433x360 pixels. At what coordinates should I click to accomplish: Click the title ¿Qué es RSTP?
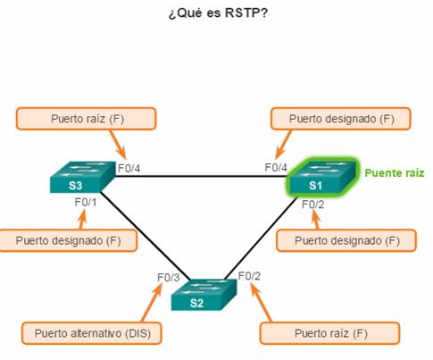(x=218, y=13)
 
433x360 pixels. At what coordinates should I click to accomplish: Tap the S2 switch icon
(x=204, y=295)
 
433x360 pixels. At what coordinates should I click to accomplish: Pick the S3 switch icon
(x=82, y=177)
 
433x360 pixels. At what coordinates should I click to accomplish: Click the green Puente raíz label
(x=395, y=173)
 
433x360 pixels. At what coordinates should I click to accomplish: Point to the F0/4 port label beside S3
(x=129, y=169)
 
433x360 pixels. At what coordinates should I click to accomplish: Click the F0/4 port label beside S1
(x=276, y=167)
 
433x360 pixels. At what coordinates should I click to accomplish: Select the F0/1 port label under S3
(x=86, y=203)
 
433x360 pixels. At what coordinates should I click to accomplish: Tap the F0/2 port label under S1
(x=312, y=205)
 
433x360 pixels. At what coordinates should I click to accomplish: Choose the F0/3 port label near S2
(x=169, y=278)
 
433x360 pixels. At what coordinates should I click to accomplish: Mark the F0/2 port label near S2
(x=249, y=276)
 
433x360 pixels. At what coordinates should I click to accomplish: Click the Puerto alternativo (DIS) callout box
(x=92, y=333)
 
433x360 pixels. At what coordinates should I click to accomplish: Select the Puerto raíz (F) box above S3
(x=87, y=119)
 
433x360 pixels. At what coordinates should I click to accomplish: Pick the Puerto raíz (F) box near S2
(x=329, y=333)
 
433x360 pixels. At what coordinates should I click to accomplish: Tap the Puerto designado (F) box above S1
(x=341, y=119)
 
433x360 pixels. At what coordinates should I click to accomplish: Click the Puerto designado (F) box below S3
(x=68, y=240)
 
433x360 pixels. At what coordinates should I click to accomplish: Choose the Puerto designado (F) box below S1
(x=346, y=240)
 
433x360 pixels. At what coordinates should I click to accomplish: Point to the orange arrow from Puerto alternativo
(x=152, y=303)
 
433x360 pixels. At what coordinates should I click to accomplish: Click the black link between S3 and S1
(x=201, y=176)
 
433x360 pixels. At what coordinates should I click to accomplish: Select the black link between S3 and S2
(x=146, y=237)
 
